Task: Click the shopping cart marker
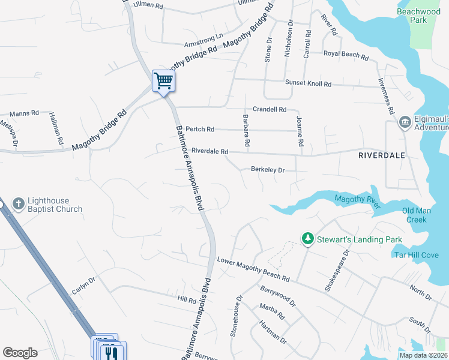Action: coord(163,80)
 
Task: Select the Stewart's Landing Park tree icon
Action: coord(308,239)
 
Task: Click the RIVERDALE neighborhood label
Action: coord(381,155)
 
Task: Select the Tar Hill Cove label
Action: coord(416,254)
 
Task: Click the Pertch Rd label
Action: coord(200,129)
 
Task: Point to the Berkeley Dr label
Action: coord(267,170)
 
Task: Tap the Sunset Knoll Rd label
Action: coord(308,83)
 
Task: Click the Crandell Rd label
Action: coord(270,109)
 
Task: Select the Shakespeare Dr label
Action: coord(337,271)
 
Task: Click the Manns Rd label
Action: coord(24,113)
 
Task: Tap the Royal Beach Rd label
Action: coord(346,55)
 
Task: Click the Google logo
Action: coord(20,353)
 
